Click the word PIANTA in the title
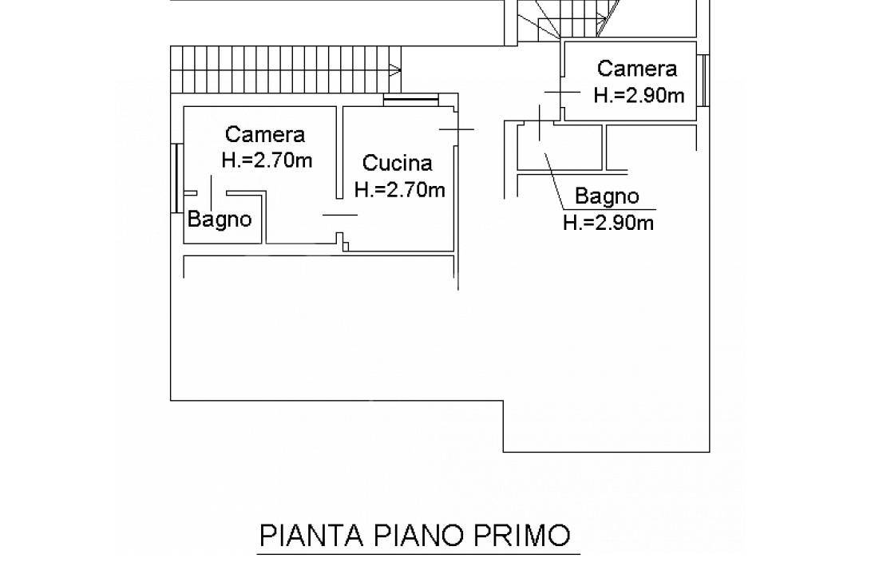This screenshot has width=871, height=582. point(311,536)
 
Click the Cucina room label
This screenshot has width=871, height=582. point(397,164)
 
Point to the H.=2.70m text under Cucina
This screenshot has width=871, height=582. point(400,190)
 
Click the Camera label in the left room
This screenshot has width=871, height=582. point(265,134)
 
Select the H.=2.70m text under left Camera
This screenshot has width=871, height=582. point(267,160)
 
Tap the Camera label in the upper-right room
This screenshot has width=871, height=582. point(637,69)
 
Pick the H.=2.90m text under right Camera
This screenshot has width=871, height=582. point(639,96)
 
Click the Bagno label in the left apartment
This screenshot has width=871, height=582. point(220,220)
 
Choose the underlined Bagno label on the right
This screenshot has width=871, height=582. point(607,196)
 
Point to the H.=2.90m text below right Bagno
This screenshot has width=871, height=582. point(608,224)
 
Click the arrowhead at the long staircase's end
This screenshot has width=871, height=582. point(395,70)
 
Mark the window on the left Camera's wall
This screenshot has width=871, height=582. point(176,178)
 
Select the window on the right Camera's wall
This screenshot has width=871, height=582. point(703,81)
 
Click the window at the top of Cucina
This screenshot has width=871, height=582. point(411,100)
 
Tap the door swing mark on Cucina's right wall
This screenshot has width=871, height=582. point(457,129)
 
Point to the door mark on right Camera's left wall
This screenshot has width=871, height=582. point(562,92)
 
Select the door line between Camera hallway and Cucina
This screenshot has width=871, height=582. point(340,216)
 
